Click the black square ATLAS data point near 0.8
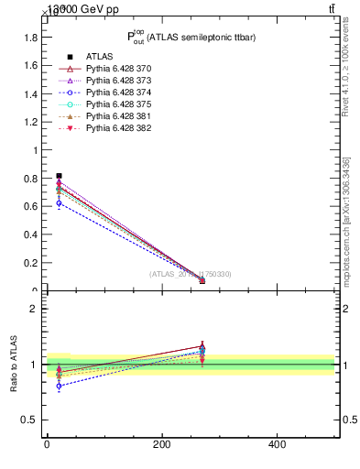point(59,176)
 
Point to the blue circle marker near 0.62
point(59,203)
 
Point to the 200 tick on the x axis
point(161,444)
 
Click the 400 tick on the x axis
point(277,444)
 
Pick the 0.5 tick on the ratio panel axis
point(29,420)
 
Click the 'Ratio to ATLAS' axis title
point(14,364)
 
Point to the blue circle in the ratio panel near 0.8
point(59,387)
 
